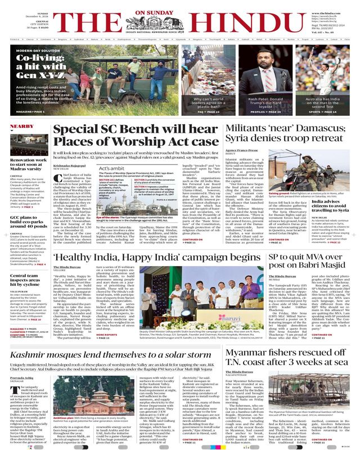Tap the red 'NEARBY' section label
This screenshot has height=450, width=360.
click(21, 128)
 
